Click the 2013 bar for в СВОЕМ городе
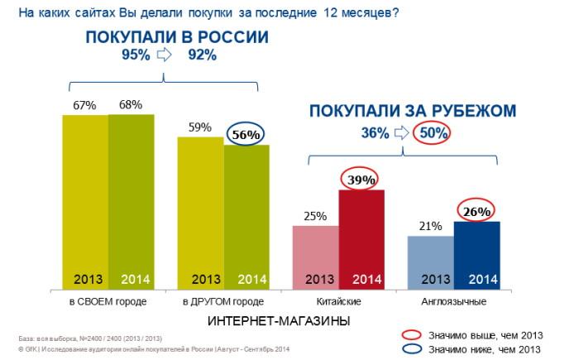pyautogui.click(x=85, y=199)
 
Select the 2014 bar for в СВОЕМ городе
pyautogui.click(x=131, y=199)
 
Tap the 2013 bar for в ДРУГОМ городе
pyautogui.click(x=200, y=211)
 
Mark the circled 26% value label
pyautogui.click(x=476, y=211)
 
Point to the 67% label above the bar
pyautogui.click(x=85, y=105)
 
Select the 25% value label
pyautogui.click(x=315, y=216)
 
